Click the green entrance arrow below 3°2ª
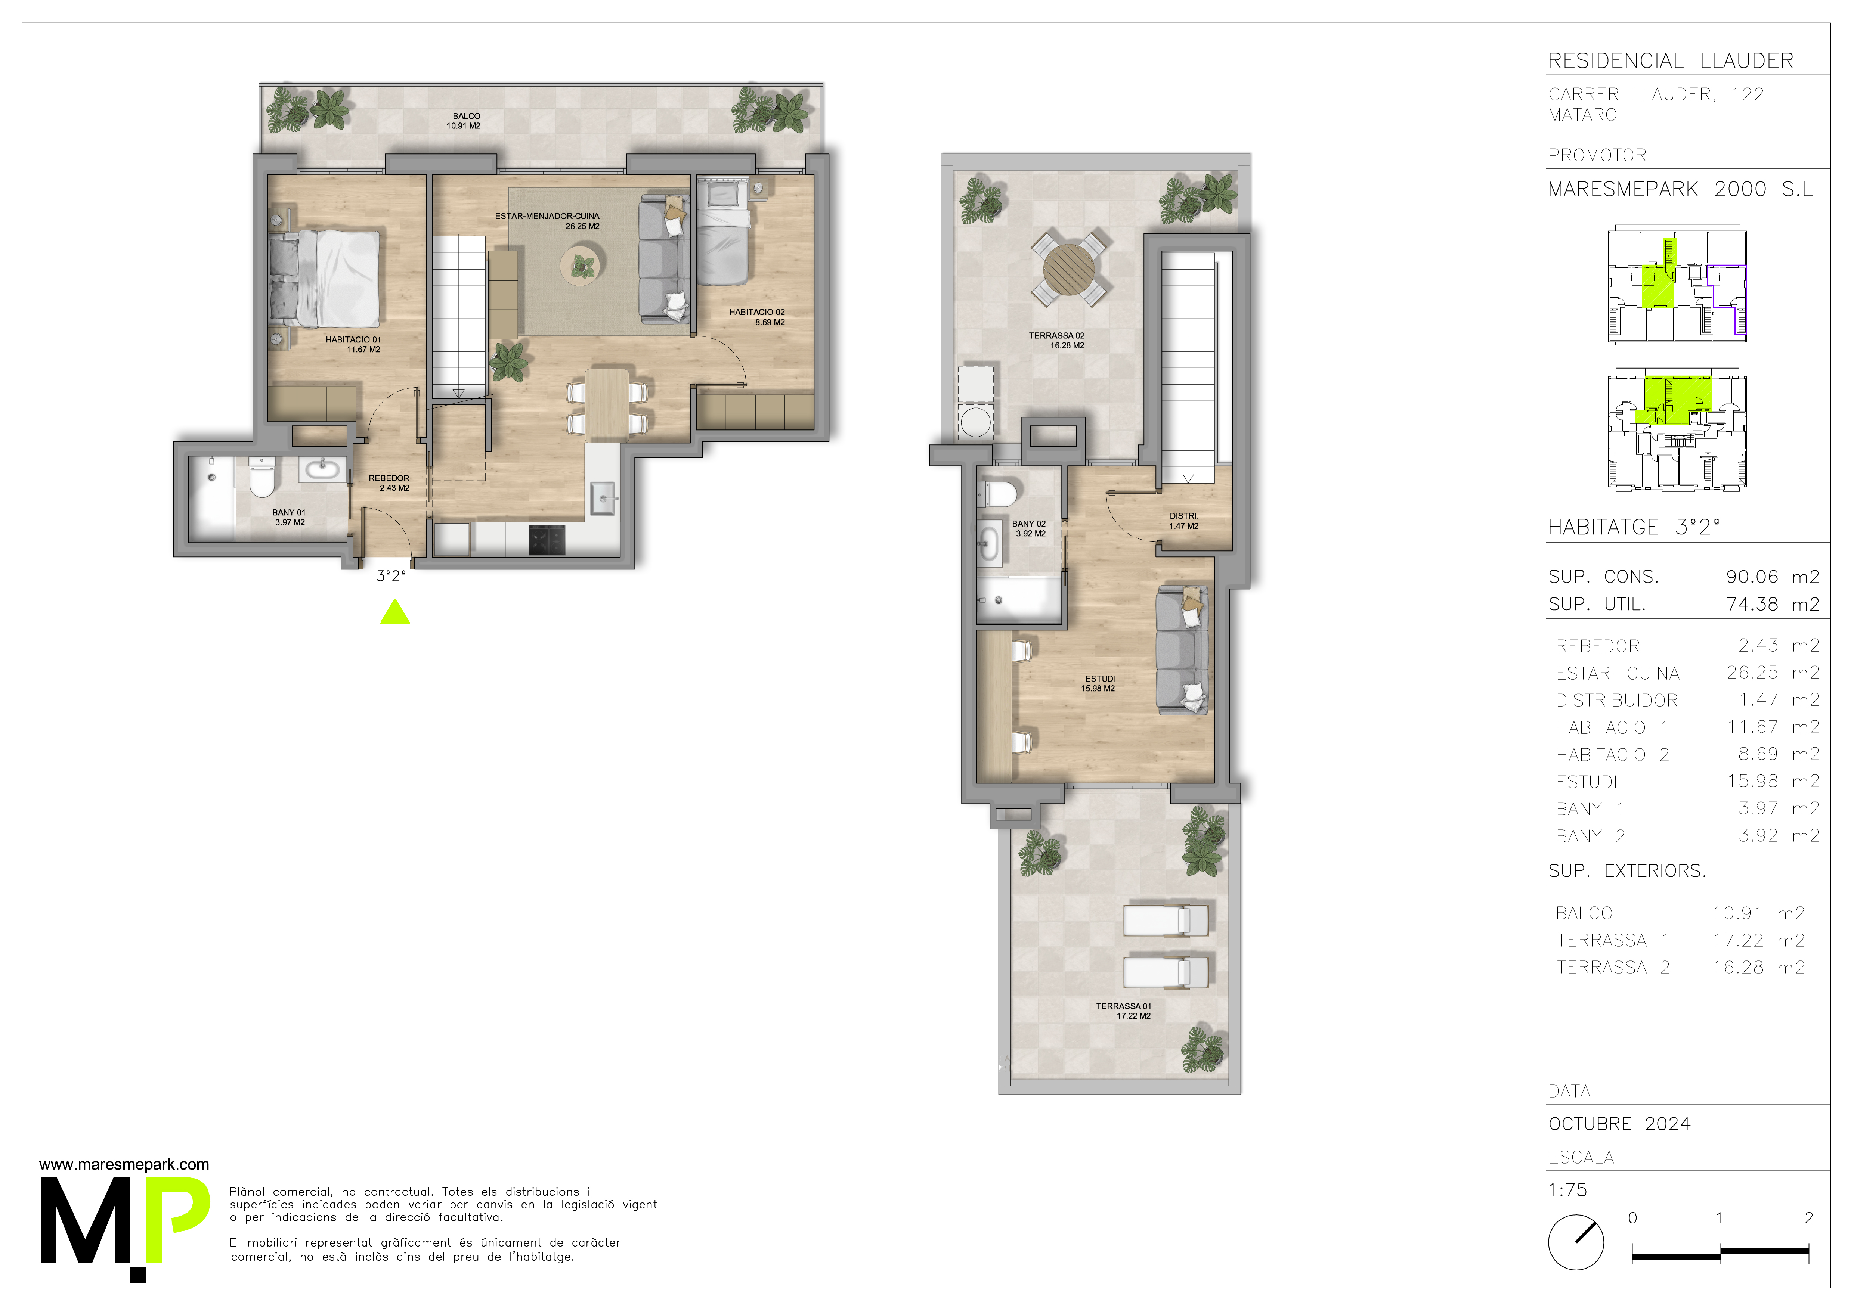tap(395, 613)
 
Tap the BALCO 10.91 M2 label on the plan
tap(464, 121)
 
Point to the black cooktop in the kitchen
tap(547, 540)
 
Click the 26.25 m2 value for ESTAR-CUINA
tap(1773, 672)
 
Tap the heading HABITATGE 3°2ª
tap(1633, 527)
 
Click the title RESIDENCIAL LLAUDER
tap(1671, 61)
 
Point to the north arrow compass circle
tap(1575, 1242)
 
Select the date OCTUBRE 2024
tap(1619, 1124)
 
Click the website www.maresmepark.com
tap(124, 1165)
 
